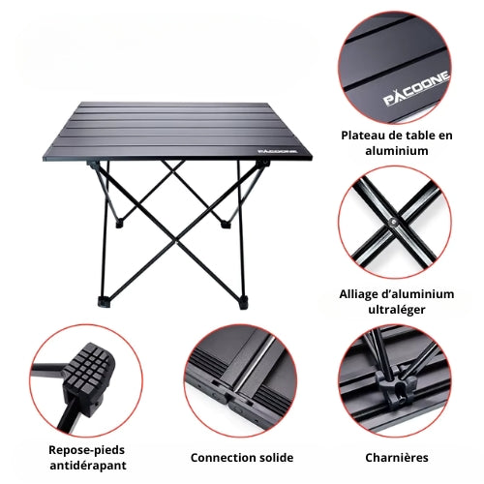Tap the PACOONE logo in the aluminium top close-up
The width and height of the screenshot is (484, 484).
tap(416, 88)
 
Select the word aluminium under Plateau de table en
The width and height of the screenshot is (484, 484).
tap(397, 151)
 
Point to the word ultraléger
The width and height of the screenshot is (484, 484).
tap(397, 310)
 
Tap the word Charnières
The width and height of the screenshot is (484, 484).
tap(397, 458)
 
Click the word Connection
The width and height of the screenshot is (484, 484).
tap(219, 458)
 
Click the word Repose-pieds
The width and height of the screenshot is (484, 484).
tap(86, 450)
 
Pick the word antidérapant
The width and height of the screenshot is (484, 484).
tap(88, 466)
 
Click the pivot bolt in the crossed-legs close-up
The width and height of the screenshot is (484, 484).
tap(393, 222)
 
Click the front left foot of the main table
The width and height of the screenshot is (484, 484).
tap(105, 301)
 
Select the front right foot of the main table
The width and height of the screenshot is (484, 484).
tap(243, 303)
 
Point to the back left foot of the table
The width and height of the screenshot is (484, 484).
tap(119, 224)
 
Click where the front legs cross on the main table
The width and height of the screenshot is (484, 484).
tap(176, 241)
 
